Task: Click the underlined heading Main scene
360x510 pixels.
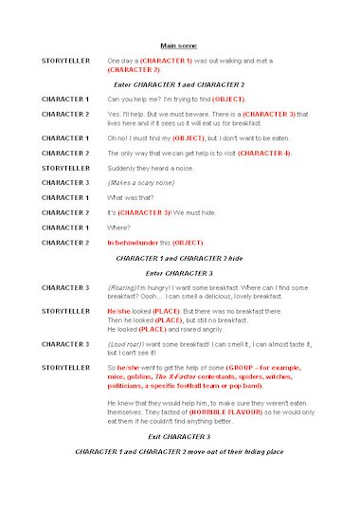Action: point(178,45)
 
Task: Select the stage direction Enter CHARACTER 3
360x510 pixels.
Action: point(179,272)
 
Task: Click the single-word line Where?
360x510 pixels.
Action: point(117,228)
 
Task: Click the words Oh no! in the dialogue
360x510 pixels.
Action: point(119,138)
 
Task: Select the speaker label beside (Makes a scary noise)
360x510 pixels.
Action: point(65,182)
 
